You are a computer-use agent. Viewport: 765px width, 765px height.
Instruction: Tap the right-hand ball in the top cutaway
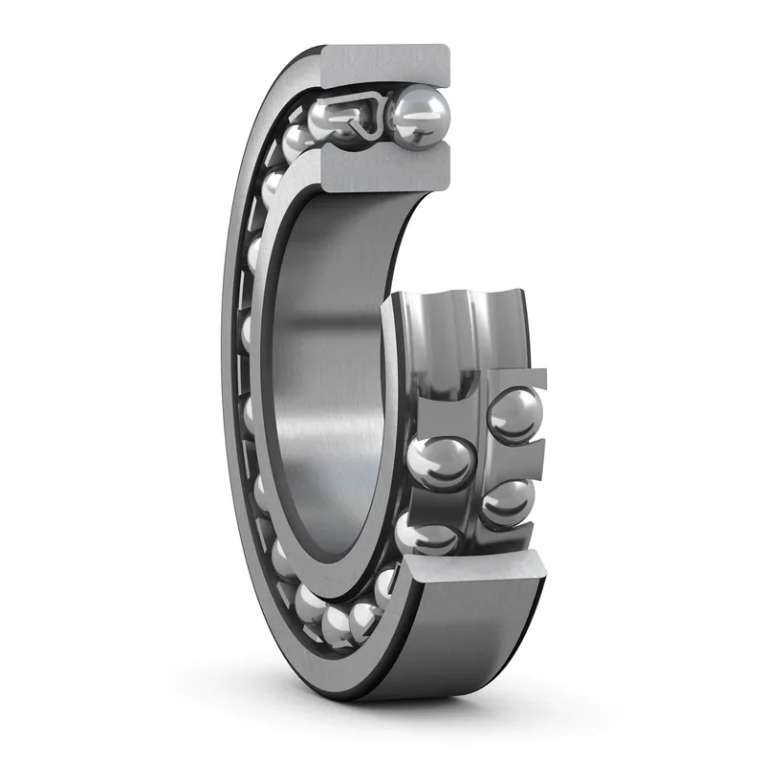[418, 116]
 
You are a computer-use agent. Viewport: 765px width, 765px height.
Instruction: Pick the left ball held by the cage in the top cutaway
[330, 122]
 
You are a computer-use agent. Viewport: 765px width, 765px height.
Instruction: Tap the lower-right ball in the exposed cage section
[507, 501]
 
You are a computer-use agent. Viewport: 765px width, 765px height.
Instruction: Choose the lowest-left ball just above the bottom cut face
[426, 535]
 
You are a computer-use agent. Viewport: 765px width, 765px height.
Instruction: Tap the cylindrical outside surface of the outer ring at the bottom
[449, 650]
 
